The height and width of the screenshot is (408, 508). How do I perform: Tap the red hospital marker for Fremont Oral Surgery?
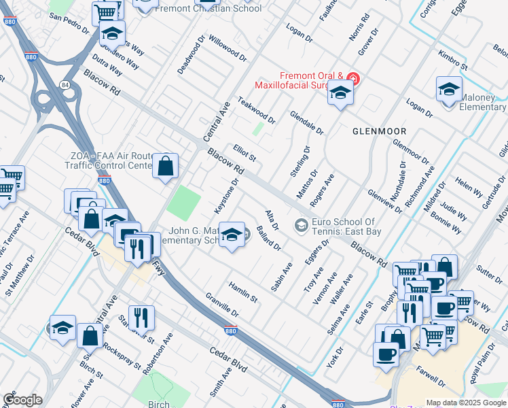pyautogui.click(x=352, y=78)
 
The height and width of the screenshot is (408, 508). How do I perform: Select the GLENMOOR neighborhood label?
pyautogui.click(x=379, y=131)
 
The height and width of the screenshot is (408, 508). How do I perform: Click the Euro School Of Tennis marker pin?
pyautogui.click(x=300, y=224)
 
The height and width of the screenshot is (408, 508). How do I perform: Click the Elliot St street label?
pyautogui.click(x=244, y=152)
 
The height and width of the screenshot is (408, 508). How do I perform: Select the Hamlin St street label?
pyautogui.click(x=243, y=292)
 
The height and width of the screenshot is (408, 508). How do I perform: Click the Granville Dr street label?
pyautogui.click(x=221, y=304)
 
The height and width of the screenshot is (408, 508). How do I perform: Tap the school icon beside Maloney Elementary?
pyautogui.click(x=449, y=90)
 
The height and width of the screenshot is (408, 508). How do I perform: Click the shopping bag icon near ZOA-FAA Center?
pyautogui.click(x=165, y=165)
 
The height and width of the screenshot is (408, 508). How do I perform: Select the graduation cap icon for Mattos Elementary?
pyautogui.click(x=232, y=235)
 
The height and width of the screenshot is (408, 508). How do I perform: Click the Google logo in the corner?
pyautogui.click(x=22, y=400)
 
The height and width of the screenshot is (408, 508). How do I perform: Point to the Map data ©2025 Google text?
pyautogui.click(x=466, y=403)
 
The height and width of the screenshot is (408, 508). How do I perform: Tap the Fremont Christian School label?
pyautogui.click(x=207, y=9)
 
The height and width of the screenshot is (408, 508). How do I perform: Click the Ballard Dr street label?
pyautogui.click(x=269, y=239)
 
